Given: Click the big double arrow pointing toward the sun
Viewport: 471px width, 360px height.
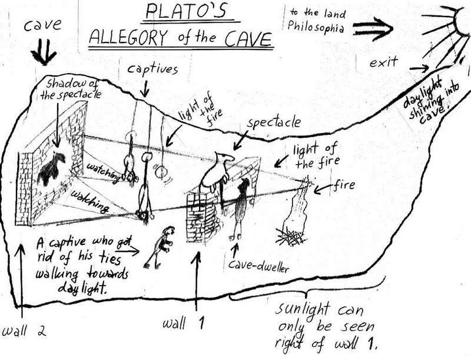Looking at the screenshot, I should point(372,27).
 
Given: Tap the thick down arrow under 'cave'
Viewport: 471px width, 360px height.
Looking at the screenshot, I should point(43,54).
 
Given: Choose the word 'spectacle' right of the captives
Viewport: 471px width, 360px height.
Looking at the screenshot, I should point(274,124).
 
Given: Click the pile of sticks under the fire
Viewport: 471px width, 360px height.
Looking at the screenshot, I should point(291,237).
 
